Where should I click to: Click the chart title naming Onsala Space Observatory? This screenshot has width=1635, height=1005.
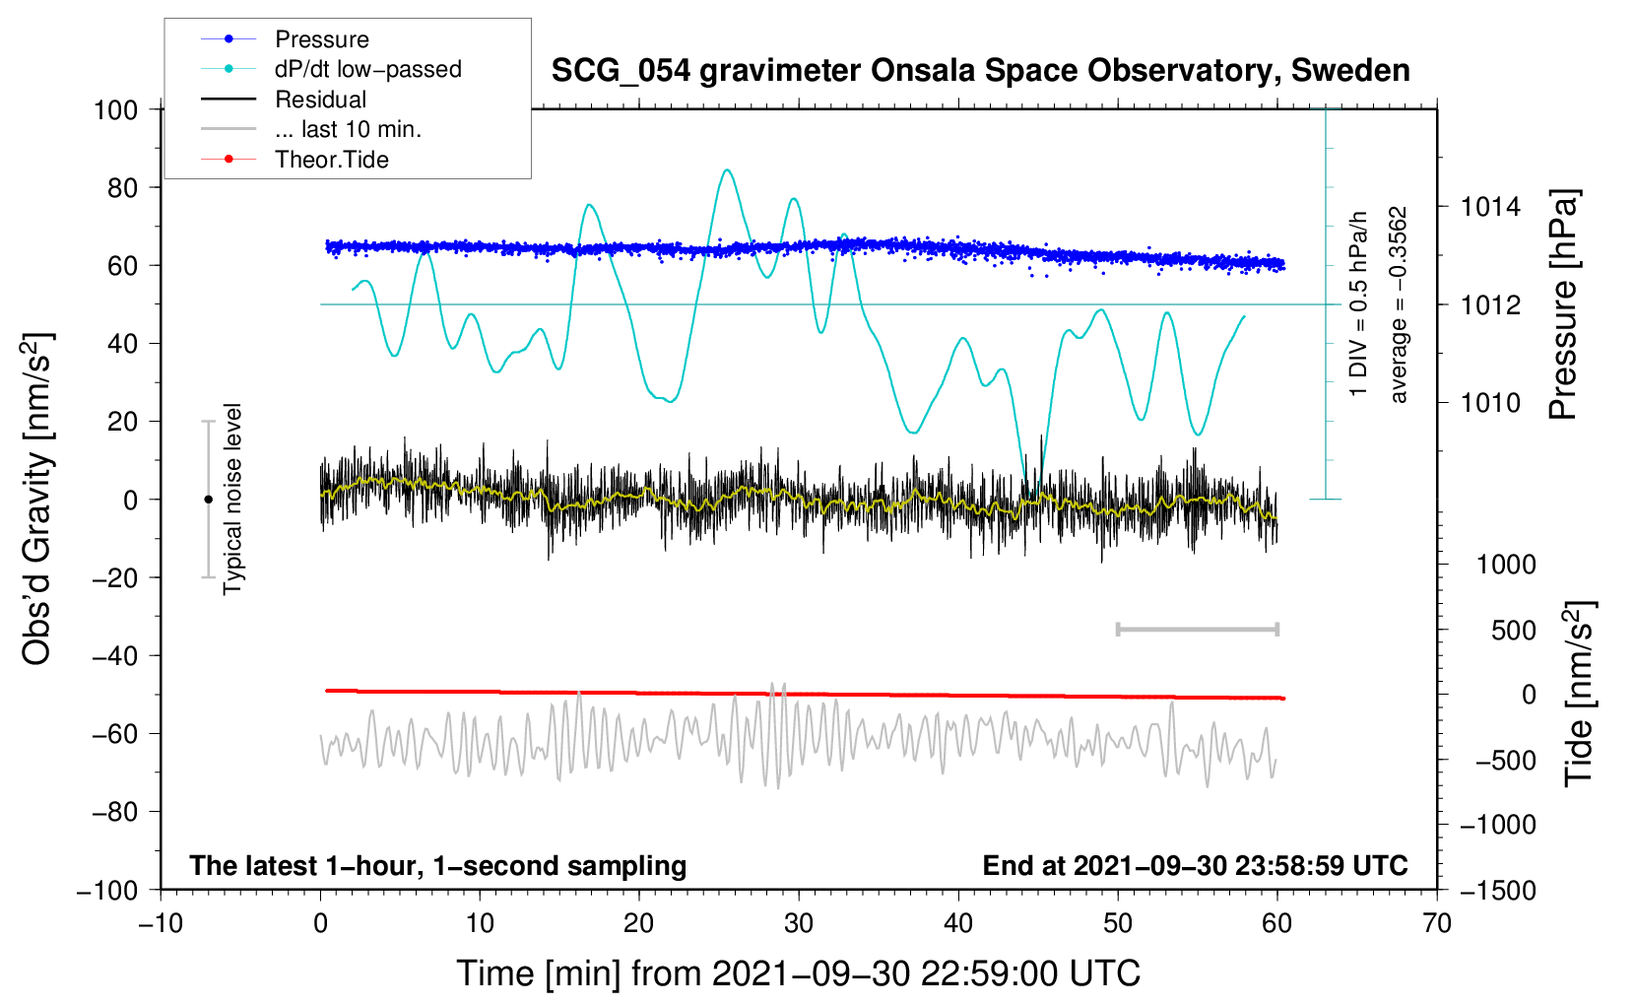pos(980,71)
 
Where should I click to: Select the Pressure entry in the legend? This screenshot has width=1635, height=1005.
pos(321,39)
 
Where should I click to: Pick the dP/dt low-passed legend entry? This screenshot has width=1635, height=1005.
pos(367,69)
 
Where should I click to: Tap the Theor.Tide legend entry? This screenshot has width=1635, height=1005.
pos(331,160)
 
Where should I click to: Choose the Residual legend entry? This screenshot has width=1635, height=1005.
pos(320,100)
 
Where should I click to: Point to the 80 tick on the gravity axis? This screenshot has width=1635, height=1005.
pos(122,187)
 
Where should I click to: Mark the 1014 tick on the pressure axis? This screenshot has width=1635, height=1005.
pos(1490,207)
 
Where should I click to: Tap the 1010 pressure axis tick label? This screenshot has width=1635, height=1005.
pos(1490,403)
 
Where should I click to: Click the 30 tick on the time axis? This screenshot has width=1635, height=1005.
pos(799,923)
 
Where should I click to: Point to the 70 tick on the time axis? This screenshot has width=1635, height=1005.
pos(1437,923)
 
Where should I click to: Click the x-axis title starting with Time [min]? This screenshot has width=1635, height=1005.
pos(799,973)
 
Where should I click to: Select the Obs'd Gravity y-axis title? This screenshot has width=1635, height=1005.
pos(37,500)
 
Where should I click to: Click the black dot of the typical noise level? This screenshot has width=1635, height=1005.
pos(208,500)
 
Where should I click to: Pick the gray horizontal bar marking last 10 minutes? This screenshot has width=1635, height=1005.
pos(1197,629)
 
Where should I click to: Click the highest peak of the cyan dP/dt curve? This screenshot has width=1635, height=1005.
pos(727,170)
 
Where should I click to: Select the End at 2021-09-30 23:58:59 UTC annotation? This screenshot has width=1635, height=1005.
pos(1195,865)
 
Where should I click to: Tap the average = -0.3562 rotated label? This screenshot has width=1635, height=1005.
pos(1399,304)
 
